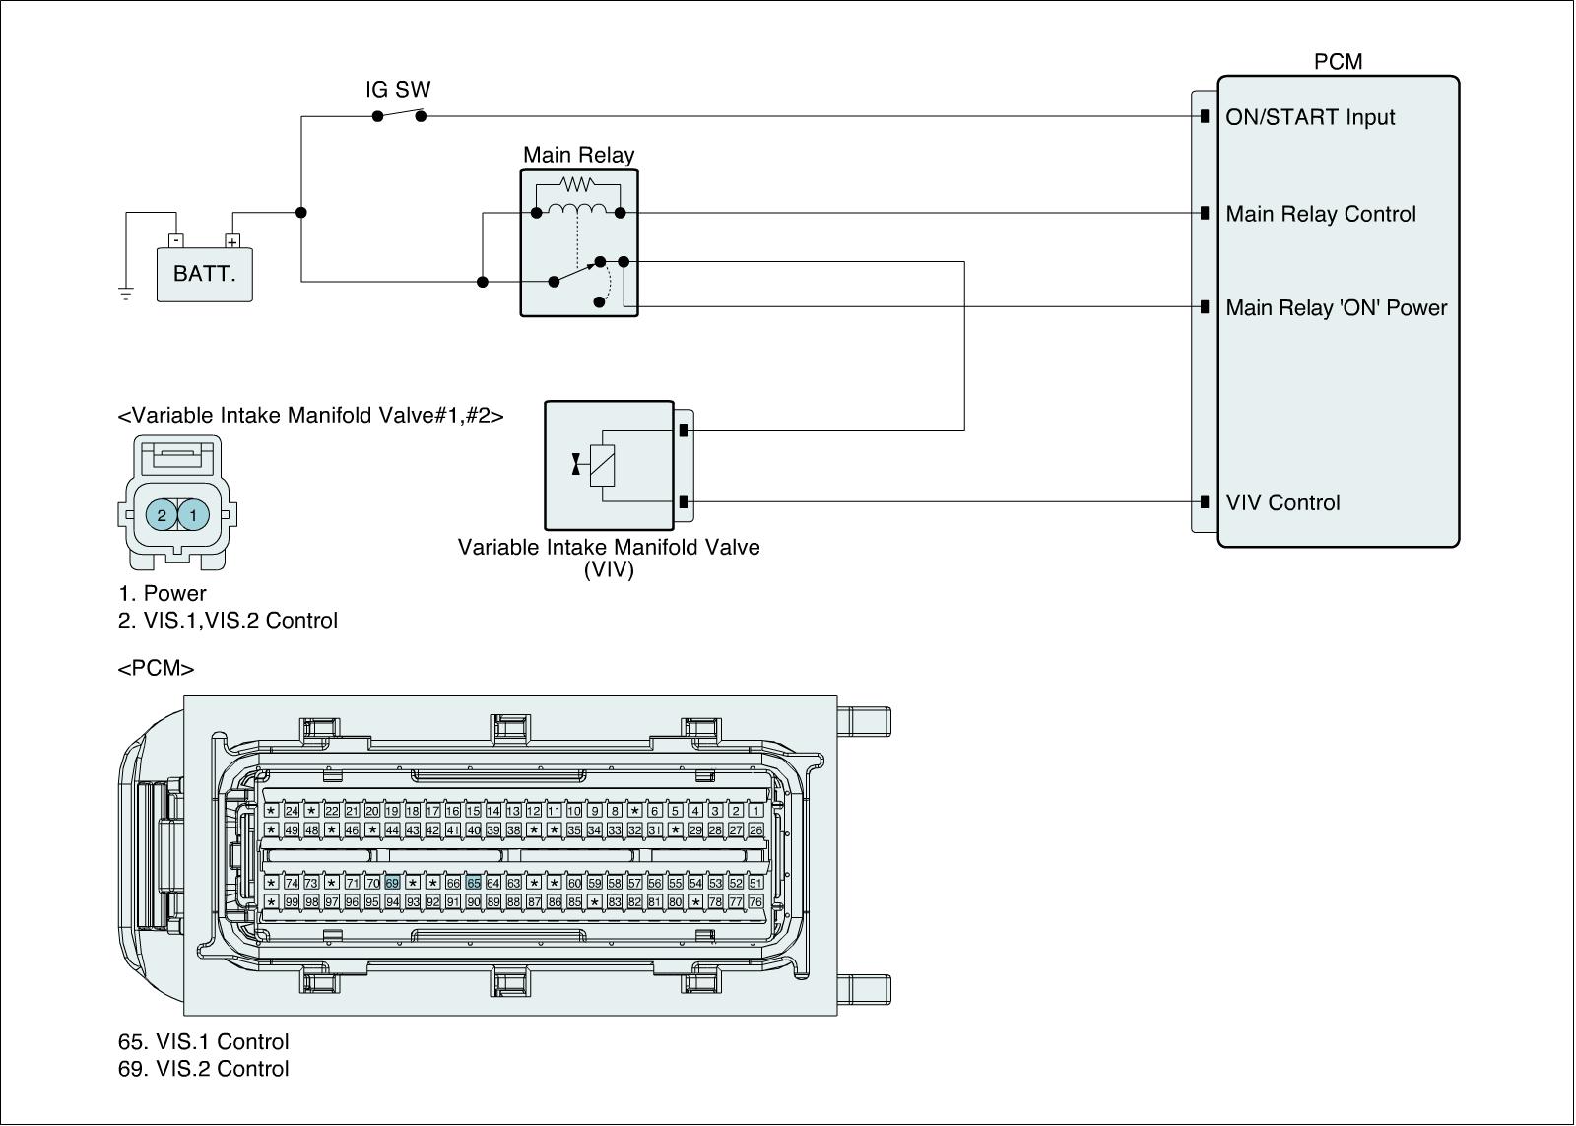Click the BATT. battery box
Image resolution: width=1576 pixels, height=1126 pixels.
pos(205,274)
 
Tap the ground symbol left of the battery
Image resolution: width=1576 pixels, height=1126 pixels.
pos(126,293)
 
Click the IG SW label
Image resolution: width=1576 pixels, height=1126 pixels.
pos(398,90)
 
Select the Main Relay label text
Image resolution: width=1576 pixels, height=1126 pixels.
pos(578,155)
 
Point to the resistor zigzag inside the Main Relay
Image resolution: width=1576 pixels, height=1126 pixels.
pos(577,183)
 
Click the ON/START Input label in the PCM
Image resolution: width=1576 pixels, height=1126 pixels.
pos(1310,117)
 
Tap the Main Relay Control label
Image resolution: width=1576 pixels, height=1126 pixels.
pos(1321,214)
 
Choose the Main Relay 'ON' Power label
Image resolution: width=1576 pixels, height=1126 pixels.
pos(1337,307)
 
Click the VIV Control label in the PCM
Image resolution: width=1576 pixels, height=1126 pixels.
pos(1282,502)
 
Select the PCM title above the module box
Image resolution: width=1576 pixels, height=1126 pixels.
pos(1338,62)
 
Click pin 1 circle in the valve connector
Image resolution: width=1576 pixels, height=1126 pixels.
pos(194,514)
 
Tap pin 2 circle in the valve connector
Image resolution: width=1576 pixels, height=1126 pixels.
pos(162,514)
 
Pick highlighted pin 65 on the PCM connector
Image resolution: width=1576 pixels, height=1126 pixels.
pos(473,883)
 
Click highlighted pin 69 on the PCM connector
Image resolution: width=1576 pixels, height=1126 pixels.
pos(392,883)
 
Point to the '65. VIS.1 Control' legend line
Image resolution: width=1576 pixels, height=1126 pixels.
pos(204,1041)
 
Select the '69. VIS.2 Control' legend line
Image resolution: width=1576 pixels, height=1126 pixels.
pos(204,1069)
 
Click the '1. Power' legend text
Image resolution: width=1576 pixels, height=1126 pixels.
pos(163,593)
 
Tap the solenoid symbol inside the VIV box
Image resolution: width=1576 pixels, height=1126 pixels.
pos(602,464)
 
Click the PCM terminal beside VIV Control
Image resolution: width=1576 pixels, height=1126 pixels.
pos(1205,501)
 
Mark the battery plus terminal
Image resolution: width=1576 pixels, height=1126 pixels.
pos(232,241)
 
